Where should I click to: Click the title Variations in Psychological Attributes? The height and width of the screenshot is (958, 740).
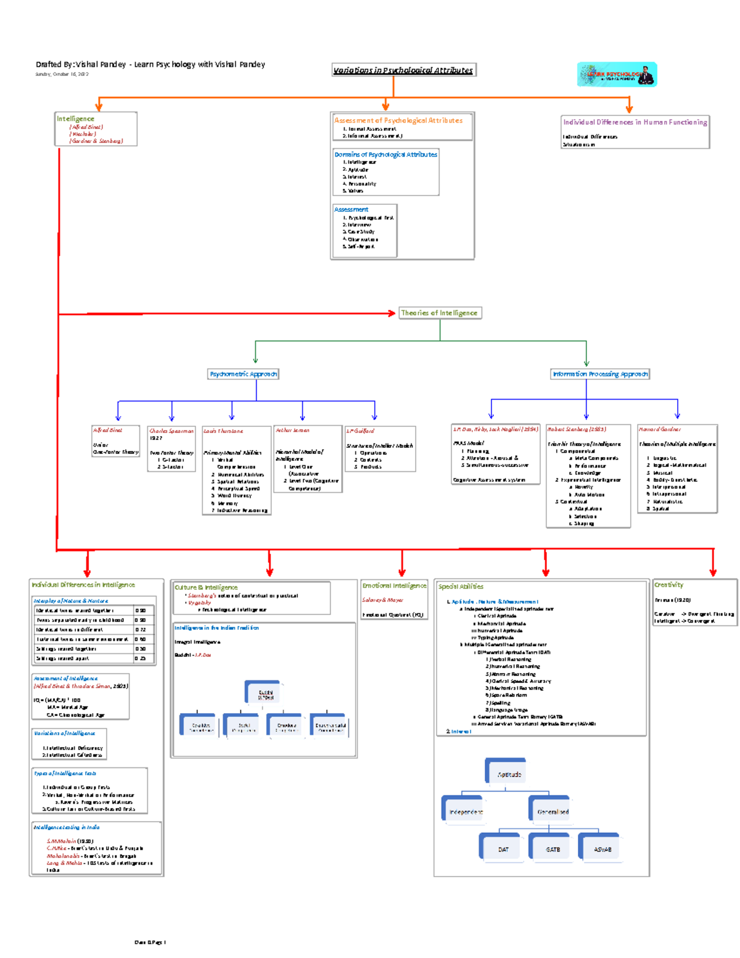pyautogui.click(x=403, y=70)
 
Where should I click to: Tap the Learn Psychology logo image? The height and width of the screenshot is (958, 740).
pyautogui.click(x=617, y=75)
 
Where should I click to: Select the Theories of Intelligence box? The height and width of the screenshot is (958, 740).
pyautogui.click(x=439, y=313)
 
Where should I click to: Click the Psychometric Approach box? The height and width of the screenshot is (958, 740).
pyautogui.click(x=243, y=374)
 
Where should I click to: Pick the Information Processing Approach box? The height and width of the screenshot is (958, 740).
pyautogui.click(x=599, y=374)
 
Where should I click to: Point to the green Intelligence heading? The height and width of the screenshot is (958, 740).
pyautogui.click(x=75, y=118)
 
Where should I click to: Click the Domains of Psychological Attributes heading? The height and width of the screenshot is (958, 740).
pyautogui.click(x=385, y=154)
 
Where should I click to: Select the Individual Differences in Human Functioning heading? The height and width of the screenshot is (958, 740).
pyautogui.click(x=635, y=122)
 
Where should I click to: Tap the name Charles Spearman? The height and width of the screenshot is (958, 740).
pyautogui.click(x=171, y=431)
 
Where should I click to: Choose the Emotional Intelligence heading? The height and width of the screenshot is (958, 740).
pyautogui.click(x=394, y=585)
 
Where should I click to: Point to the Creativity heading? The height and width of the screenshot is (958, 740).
pyautogui.click(x=668, y=584)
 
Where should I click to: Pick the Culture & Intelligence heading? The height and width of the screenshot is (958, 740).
pyautogui.click(x=206, y=587)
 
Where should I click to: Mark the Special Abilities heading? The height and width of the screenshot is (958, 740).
pyautogui.click(x=461, y=587)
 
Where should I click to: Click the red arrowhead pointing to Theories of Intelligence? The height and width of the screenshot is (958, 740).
pyautogui.click(x=392, y=313)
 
